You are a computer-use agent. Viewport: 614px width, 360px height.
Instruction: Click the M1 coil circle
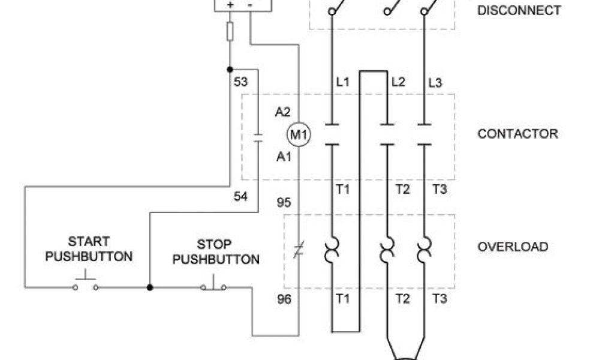click(298, 135)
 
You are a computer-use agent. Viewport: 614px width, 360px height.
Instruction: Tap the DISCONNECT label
click(519, 10)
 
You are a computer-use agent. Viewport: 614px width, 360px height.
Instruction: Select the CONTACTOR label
click(517, 133)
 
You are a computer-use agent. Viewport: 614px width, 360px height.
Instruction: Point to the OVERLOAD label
click(513, 247)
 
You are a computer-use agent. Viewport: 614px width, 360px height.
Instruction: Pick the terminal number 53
click(240, 82)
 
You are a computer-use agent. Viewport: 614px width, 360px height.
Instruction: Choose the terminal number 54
click(240, 196)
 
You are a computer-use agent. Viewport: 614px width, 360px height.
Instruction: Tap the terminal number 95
click(284, 203)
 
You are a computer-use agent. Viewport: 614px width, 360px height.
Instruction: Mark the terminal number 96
click(284, 298)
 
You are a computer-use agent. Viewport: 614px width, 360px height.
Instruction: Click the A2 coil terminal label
click(283, 112)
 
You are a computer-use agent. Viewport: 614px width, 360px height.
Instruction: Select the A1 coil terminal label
click(283, 157)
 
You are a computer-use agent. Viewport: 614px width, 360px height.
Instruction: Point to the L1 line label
click(342, 82)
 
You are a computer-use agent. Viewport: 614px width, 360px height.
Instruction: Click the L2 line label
click(398, 82)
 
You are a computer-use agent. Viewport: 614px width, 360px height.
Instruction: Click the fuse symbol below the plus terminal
click(230, 31)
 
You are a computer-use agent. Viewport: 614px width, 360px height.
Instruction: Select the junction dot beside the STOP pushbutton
click(150, 287)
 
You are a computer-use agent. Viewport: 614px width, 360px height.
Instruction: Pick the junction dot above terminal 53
click(230, 70)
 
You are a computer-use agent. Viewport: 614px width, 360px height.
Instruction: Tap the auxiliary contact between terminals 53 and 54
click(258, 137)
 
